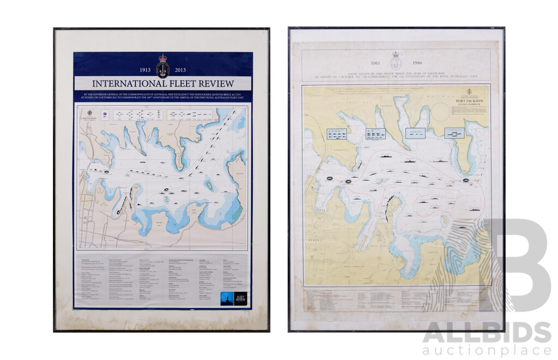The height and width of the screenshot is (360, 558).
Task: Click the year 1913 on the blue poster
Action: tap(145, 70)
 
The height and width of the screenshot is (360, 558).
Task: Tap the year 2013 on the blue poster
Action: tap(180, 70)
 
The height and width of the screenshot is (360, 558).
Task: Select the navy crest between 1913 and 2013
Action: tap(163, 65)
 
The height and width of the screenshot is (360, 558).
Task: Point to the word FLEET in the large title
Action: tap(181, 83)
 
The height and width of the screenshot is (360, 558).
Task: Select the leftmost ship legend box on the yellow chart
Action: tap(336, 134)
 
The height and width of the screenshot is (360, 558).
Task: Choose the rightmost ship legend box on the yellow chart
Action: tap(453, 133)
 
